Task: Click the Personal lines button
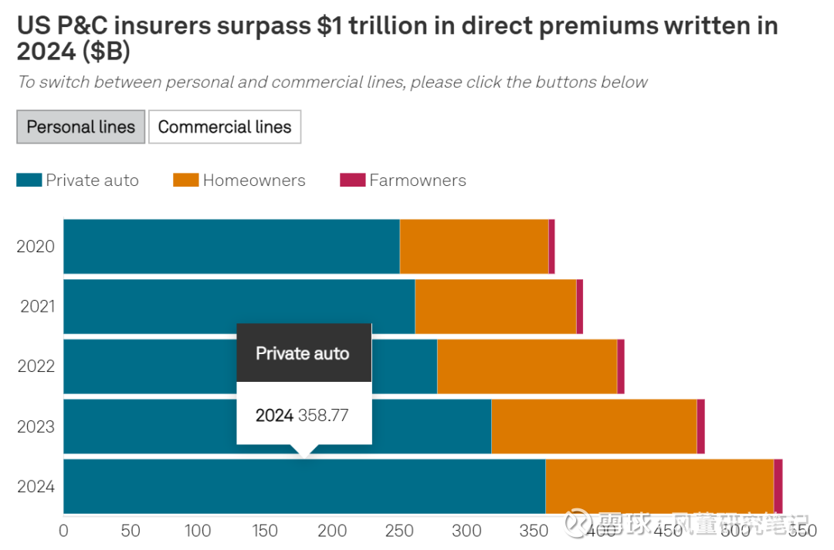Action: pos(81,127)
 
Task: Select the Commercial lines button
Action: pos(225,127)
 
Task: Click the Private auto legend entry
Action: pos(77,181)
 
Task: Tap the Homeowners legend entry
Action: pos(239,181)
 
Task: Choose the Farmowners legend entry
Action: pos(403,181)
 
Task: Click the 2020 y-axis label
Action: pos(36,247)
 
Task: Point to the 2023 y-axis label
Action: pos(36,427)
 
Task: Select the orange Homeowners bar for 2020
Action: pos(473,247)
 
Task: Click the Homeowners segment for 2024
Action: pos(659,486)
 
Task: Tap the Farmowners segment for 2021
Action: pos(579,306)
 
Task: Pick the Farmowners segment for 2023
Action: pos(700,427)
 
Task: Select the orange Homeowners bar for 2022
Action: pos(527,366)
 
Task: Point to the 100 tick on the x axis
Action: pos(198,531)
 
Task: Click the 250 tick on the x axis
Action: pos(399,531)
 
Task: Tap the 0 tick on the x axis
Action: pos(63,531)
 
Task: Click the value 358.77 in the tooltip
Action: pos(323,416)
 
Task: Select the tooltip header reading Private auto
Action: pos(303,354)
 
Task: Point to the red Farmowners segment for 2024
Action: pos(778,486)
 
